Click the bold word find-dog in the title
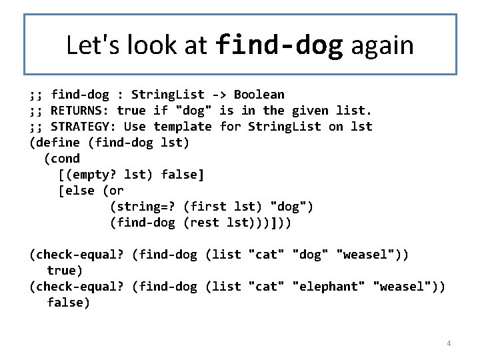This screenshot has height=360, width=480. point(279,45)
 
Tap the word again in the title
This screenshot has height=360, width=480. point(382,45)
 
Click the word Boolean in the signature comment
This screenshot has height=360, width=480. point(259,95)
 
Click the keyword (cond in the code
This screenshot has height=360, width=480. point(61,159)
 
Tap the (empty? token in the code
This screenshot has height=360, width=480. point(87,175)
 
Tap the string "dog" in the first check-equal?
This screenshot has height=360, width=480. point(310,255)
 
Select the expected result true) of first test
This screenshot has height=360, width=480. point(65,271)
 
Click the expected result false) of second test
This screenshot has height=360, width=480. point(69,303)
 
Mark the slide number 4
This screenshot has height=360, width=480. point(449,343)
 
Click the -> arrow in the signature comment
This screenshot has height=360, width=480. point(219,95)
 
